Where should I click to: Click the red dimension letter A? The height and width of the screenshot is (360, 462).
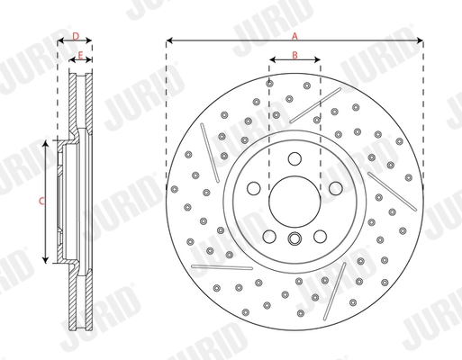[294, 35]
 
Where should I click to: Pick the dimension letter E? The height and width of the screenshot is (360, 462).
[81, 56]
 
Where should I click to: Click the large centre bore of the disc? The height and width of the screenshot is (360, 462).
[294, 198]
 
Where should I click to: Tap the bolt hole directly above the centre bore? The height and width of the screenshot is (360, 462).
[294, 158]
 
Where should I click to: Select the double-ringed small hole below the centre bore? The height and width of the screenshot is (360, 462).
[294, 238]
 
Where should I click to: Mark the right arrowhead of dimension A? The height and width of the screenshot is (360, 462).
[421, 40]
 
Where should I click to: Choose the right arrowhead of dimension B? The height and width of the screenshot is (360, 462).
[318, 62]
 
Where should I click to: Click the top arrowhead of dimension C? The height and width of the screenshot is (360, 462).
[47, 142]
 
